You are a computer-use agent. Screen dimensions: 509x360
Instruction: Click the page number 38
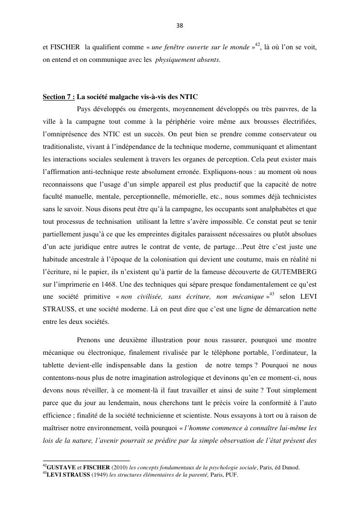click(x=180, y=25)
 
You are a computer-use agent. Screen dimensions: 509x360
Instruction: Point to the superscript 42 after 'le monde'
click(x=258, y=45)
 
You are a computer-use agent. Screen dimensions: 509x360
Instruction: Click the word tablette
click(x=55, y=365)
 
